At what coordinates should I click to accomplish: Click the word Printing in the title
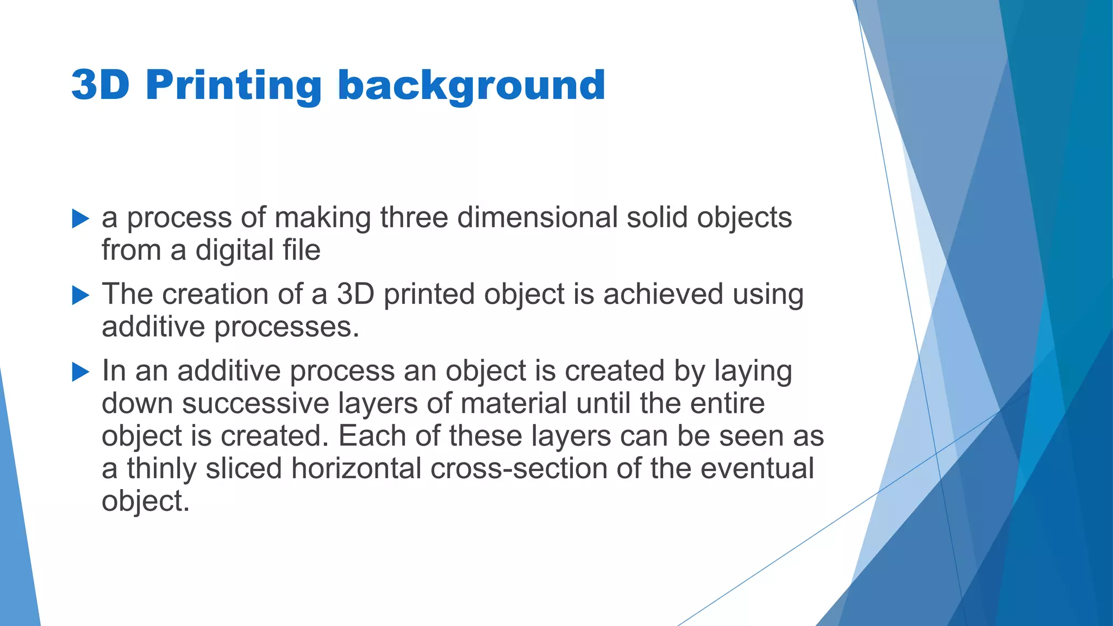(234, 86)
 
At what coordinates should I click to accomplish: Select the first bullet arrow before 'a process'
(80, 219)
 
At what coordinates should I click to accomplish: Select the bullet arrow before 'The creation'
(80, 296)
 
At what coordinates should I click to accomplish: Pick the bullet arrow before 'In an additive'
(80, 372)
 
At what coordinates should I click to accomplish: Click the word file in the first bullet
(301, 251)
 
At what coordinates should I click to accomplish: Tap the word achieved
(662, 294)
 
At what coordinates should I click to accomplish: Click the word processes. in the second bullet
(286, 328)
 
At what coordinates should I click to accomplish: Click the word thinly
(161, 469)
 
